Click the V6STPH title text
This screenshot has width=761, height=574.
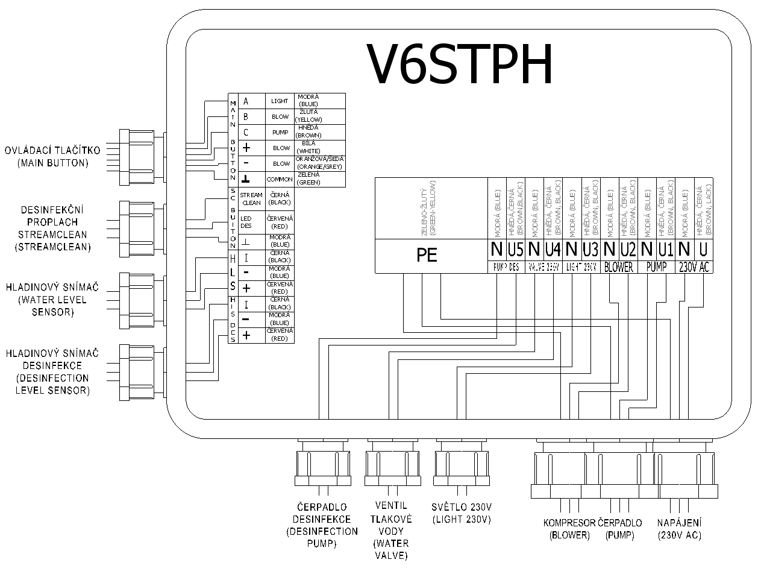(460, 65)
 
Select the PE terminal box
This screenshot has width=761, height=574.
(427, 255)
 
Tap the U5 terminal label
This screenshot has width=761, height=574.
(516, 249)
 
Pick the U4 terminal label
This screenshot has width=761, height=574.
(553, 249)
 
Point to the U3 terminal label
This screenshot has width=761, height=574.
(590, 249)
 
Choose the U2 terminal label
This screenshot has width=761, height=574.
(628, 249)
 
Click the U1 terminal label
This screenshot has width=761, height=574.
(666, 249)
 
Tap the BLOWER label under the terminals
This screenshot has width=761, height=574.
(619, 267)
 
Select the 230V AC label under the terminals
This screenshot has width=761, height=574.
(695, 267)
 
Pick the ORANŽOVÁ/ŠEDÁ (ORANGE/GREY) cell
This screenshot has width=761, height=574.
(320, 163)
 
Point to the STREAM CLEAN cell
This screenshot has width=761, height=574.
(251, 199)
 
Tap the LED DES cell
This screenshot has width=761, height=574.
(246, 221)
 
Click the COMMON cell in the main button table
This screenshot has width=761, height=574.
(280, 179)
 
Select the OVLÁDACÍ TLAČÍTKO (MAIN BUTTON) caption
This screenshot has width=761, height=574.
(52, 156)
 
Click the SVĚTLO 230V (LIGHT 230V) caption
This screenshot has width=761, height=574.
(462, 512)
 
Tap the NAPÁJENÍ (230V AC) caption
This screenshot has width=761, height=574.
(680, 528)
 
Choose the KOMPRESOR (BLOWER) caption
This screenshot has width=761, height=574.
(569, 528)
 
